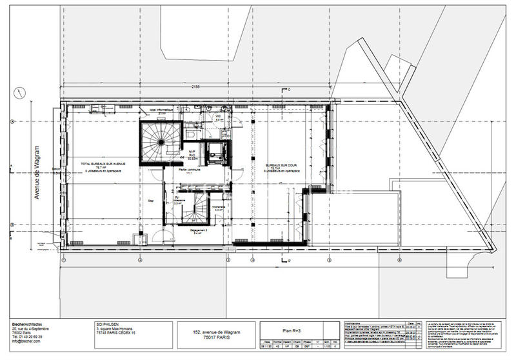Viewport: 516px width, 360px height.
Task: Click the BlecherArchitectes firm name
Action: (x=32, y=324)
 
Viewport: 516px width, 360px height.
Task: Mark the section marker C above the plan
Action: (x=290, y=89)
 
